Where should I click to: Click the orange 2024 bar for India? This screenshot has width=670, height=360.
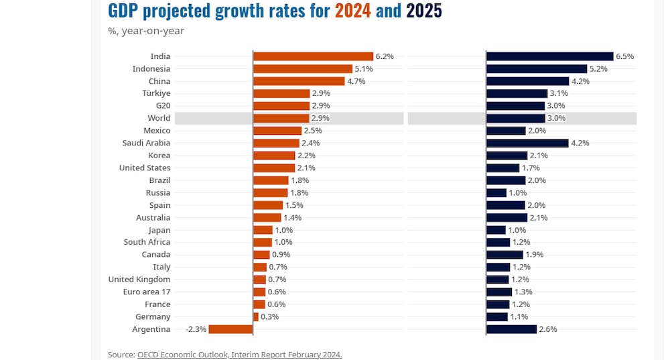click(x=313, y=56)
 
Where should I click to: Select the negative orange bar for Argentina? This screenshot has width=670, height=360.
click(x=230, y=329)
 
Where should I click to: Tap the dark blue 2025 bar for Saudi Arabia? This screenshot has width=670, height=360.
click(x=527, y=143)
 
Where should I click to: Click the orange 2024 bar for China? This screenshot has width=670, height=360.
click(x=299, y=81)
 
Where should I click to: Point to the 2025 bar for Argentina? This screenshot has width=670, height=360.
click(x=511, y=329)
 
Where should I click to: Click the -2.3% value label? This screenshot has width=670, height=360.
click(x=197, y=329)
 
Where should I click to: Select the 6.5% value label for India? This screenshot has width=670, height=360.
click(x=624, y=56)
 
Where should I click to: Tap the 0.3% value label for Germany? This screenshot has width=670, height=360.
click(x=269, y=317)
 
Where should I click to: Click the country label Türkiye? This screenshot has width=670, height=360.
click(x=156, y=93)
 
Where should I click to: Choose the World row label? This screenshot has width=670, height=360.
click(x=159, y=118)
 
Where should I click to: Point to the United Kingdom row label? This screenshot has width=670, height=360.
click(x=139, y=280)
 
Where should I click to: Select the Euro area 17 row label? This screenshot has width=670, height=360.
click(x=147, y=292)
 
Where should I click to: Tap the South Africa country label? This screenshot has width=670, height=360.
click(x=147, y=242)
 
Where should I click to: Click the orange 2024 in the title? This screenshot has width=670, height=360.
click(x=353, y=11)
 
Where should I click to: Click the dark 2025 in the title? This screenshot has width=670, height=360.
click(x=424, y=11)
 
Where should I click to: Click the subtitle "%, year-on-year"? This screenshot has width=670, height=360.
click(x=146, y=30)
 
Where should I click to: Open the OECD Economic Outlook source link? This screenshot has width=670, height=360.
click(x=239, y=354)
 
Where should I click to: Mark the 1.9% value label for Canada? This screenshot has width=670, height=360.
click(x=534, y=255)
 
